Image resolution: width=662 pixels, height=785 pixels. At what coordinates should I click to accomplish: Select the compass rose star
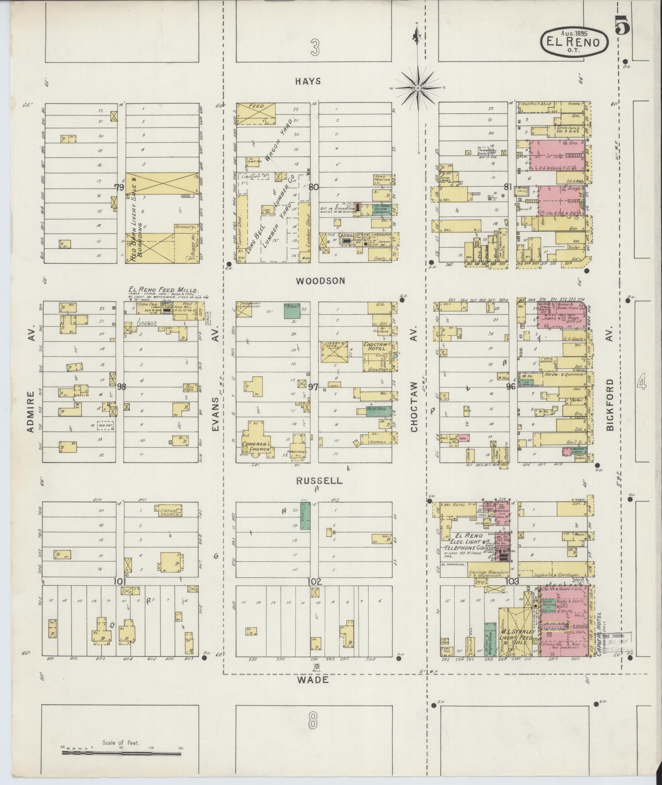[x=417, y=88]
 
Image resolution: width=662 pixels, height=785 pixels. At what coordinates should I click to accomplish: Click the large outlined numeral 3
[x=314, y=49]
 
